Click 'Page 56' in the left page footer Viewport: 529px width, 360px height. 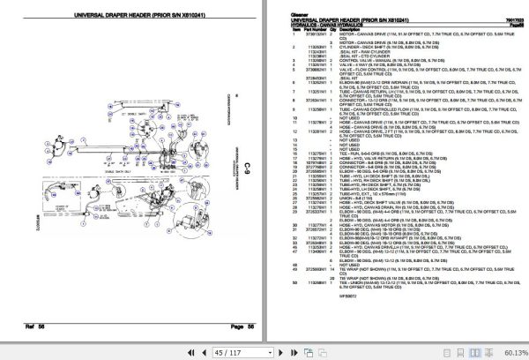point(242,326)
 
